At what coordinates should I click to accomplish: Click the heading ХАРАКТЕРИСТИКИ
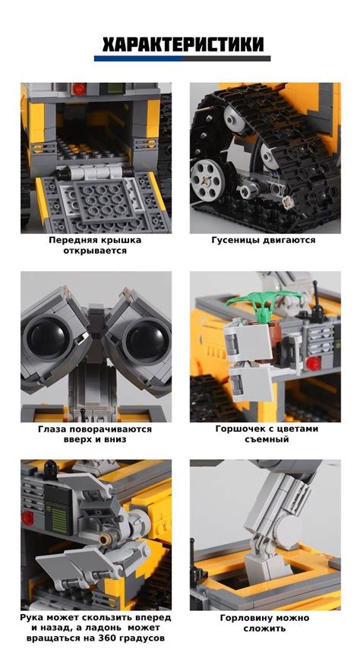click(x=183, y=45)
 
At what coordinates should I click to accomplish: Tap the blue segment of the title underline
click(x=138, y=59)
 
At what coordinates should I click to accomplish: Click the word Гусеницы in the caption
click(x=235, y=240)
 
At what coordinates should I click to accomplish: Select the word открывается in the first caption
click(x=95, y=251)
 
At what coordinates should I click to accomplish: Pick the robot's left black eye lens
click(x=48, y=337)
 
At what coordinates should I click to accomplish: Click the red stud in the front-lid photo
click(x=79, y=89)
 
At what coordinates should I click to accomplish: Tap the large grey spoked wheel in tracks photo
click(x=208, y=179)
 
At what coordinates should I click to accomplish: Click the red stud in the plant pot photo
click(x=314, y=364)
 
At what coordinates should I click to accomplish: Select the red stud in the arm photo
click(x=27, y=517)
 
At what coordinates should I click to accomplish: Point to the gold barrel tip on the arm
click(x=103, y=540)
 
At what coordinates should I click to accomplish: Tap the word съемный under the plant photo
click(x=266, y=439)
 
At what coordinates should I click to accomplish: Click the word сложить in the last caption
click(x=264, y=628)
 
